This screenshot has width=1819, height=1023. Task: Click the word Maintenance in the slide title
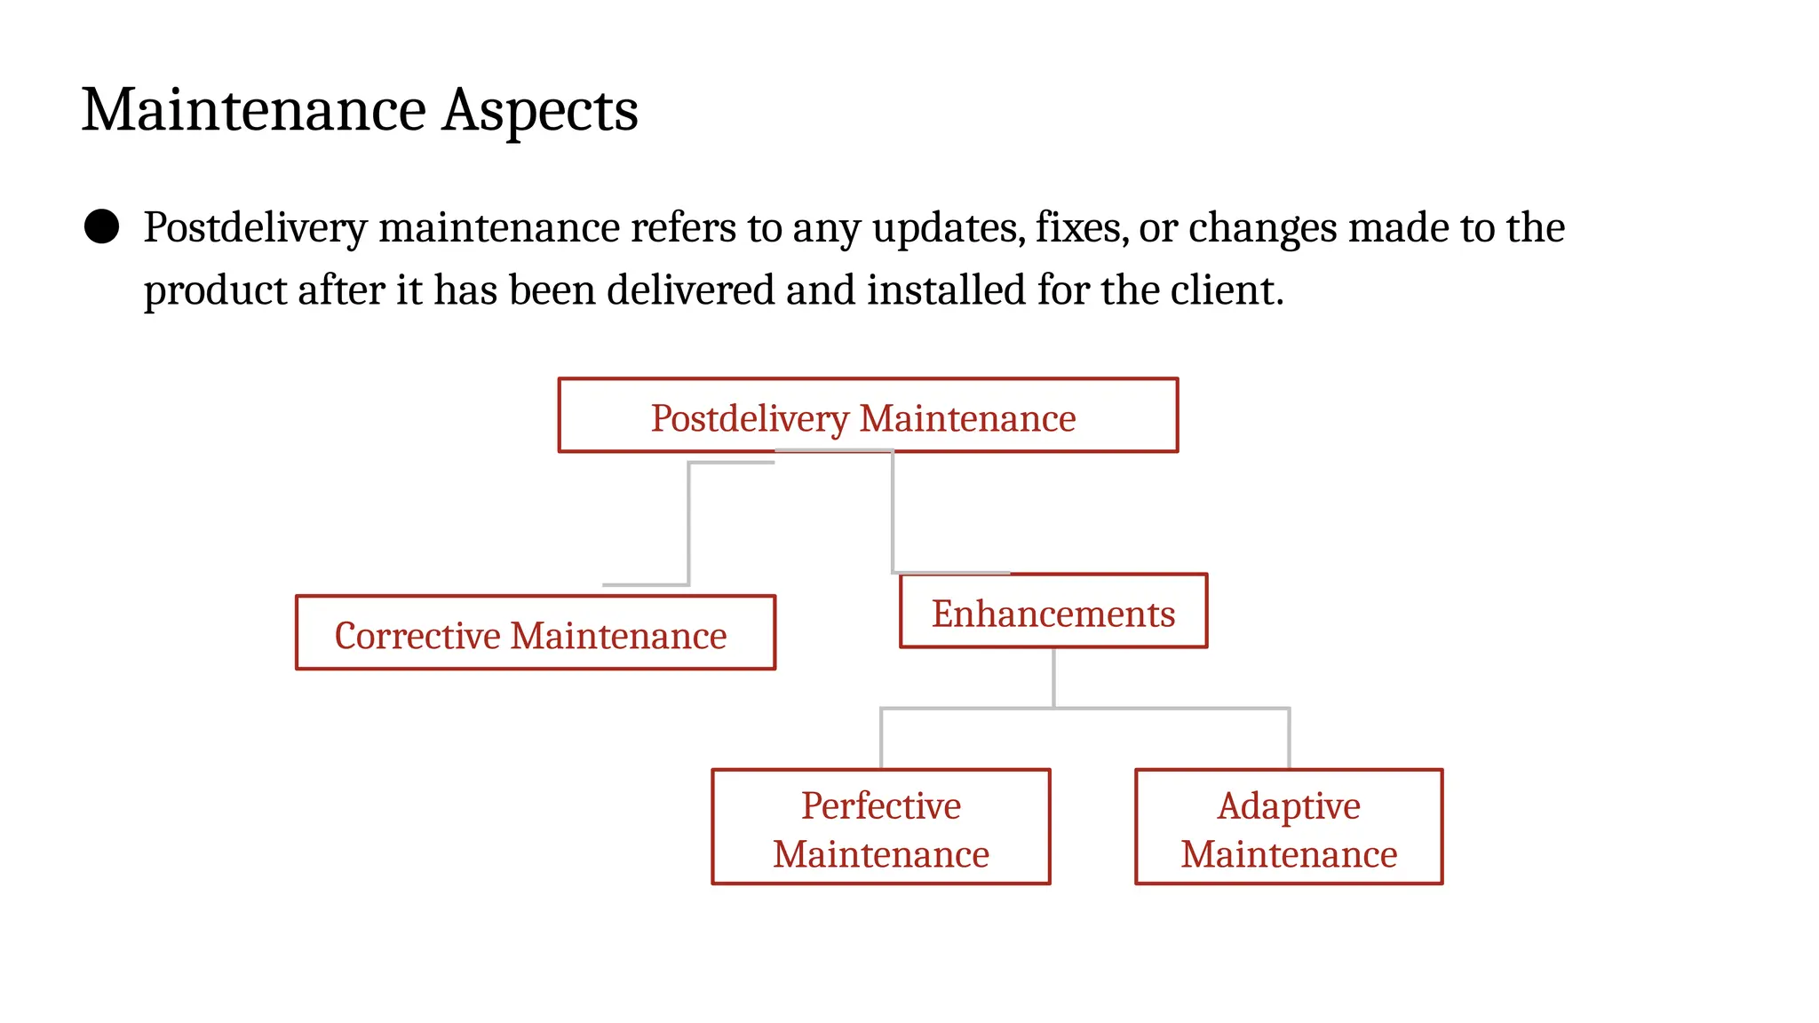(254, 111)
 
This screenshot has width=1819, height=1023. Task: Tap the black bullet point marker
(101, 226)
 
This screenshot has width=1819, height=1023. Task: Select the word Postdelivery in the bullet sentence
(255, 228)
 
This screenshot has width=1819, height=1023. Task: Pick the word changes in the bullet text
(1262, 228)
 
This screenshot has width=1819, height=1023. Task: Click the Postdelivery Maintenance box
(868, 416)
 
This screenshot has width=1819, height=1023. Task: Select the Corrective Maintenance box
(535, 632)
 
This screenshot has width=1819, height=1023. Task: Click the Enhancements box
(1053, 611)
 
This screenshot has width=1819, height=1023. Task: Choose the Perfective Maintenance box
(880, 827)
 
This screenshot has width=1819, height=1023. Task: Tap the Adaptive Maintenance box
(1289, 827)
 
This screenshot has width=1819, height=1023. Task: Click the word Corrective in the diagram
(417, 636)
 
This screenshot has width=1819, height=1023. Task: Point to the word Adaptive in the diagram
(1289, 805)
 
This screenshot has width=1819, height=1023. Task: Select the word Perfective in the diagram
(880, 805)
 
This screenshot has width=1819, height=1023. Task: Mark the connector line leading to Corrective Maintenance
(689, 524)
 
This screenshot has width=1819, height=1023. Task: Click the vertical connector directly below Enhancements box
(1053, 678)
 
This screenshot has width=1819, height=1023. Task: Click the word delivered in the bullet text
(690, 290)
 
